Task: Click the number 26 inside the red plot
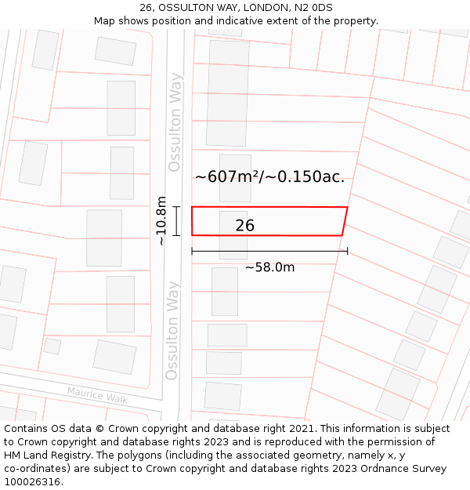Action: (x=244, y=226)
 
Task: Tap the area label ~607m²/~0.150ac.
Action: (x=269, y=176)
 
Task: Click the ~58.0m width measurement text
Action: (x=269, y=267)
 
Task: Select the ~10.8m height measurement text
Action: (x=161, y=220)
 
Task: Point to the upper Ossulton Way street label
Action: (x=175, y=122)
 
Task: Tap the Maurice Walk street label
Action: (x=97, y=394)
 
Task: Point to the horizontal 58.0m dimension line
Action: (x=269, y=252)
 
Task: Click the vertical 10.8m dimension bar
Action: (x=177, y=220)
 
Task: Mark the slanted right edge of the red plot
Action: (x=345, y=221)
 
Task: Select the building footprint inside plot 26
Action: (x=233, y=234)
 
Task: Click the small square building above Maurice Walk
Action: (x=52, y=346)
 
